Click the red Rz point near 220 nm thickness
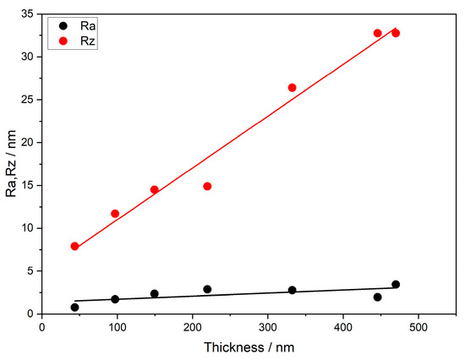207,186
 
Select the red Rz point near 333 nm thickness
293,88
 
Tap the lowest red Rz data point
74,246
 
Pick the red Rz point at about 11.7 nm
115,214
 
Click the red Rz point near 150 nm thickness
154,190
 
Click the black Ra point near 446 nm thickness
377,297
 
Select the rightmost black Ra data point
396,285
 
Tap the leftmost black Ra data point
74,308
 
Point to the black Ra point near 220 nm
207,289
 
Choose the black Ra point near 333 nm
293,290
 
